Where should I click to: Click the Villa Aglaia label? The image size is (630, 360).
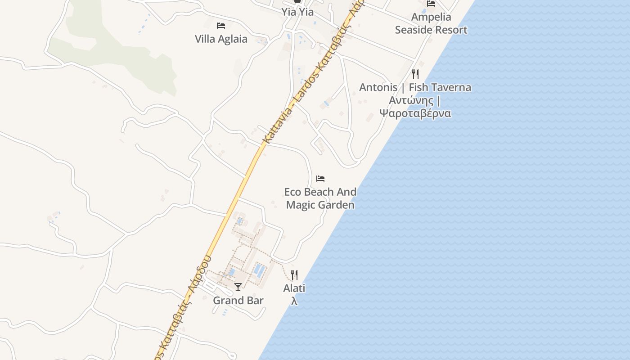[221, 39]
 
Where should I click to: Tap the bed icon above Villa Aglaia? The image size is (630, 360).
[220, 25]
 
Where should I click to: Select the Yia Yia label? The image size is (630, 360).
[297, 12]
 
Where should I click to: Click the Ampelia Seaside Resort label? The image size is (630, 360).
[431, 23]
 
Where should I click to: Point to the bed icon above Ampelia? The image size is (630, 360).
[431, 4]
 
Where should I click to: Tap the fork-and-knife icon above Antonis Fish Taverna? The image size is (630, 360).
[415, 74]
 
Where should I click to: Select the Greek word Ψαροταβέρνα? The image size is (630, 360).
[415, 113]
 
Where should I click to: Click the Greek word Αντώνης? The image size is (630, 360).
[411, 100]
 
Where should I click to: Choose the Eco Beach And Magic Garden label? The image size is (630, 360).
[320, 198]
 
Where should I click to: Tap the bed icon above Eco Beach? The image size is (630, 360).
[320, 179]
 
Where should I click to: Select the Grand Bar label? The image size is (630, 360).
[238, 301]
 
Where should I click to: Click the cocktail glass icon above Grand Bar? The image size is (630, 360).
[238, 287]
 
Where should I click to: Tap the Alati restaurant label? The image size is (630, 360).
[294, 288]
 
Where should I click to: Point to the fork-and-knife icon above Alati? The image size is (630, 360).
[294, 274]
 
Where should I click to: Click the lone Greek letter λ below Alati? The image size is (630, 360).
[294, 301]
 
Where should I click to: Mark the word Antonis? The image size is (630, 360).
[378, 87]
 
